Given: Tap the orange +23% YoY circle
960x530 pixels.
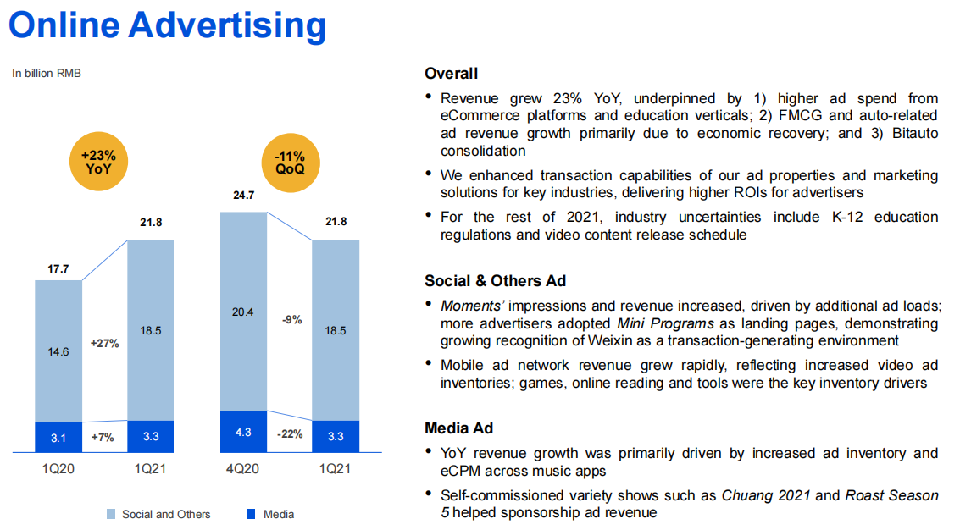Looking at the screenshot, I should [104, 163].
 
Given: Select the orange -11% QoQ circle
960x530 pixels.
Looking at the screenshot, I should [290, 163].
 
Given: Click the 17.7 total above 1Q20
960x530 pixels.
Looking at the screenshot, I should [58, 269].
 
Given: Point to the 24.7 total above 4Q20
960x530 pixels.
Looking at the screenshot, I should [243, 196].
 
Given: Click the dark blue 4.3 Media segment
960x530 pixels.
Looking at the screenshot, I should [243, 432].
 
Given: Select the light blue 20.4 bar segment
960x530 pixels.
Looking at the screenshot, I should [243, 312].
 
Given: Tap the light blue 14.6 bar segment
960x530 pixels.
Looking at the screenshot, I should [58, 351].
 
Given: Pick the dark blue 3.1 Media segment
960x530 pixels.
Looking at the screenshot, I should [58, 438].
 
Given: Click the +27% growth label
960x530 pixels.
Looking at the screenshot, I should [104, 343].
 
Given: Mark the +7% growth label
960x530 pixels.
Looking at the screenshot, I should [104, 438].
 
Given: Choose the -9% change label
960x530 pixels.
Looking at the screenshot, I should [290, 320].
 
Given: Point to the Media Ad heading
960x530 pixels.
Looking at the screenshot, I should [458, 428].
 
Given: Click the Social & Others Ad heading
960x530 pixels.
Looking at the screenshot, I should [495, 281].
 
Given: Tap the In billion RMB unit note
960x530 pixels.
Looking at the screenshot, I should [47, 74].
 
